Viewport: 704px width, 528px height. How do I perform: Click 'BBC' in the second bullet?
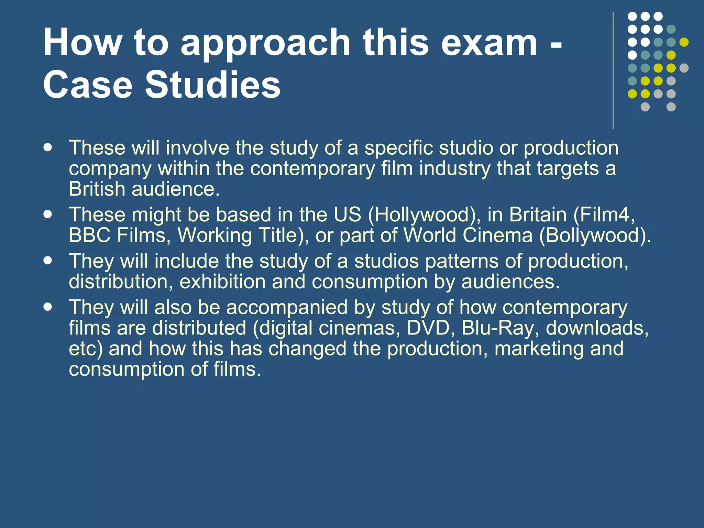click(x=90, y=235)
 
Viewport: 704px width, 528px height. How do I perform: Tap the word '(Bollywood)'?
click(x=594, y=236)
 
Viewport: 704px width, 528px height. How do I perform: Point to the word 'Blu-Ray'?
click(x=498, y=328)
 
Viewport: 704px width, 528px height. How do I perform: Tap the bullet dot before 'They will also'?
click(x=48, y=307)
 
